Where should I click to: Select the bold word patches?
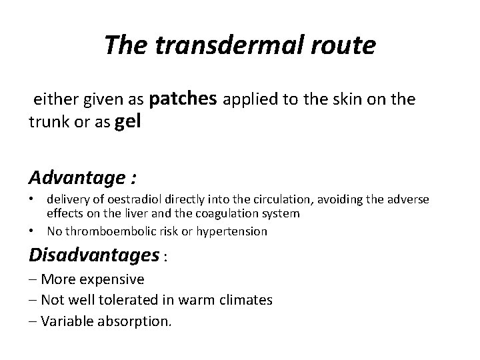(183, 99)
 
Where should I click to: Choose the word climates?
(245, 300)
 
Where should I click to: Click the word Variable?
(65, 321)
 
